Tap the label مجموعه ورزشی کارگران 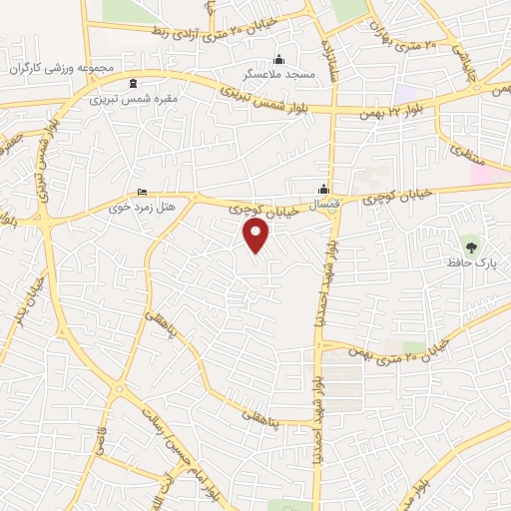click(64, 68)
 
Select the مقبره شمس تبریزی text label click(135, 100)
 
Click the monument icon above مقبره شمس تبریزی click(135, 83)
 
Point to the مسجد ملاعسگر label click(278, 75)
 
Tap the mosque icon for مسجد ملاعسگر click(278, 58)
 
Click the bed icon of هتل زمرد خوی click(141, 192)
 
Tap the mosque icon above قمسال click(323, 191)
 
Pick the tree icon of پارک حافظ click(470, 244)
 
